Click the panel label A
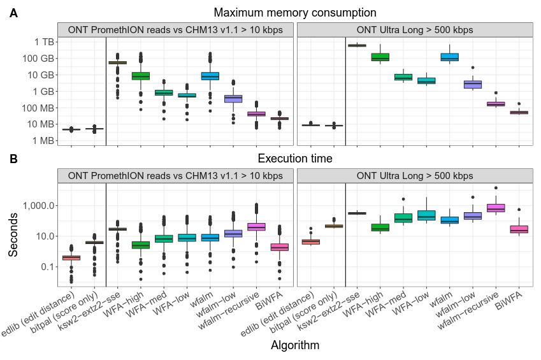pyautogui.click(x=14, y=13)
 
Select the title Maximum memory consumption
pyautogui.click(x=295, y=13)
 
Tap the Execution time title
pyautogui.click(x=295, y=158)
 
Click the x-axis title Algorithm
pyautogui.click(x=295, y=345)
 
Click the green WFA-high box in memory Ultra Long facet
pyautogui.click(x=380, y=57)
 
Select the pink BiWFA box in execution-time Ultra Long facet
pyautogui.click(x=519, y=229)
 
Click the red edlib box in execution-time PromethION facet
pyautogui.click(x=71, y=257)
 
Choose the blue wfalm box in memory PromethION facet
pyautogui.click(x=210, y=76)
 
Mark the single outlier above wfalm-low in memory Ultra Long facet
pyautogui.click(x=473, y=68)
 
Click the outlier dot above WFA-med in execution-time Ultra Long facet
pyautogui.click(x=403, y=199)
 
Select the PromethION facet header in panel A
pyautogui.click(x=175, y=30)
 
